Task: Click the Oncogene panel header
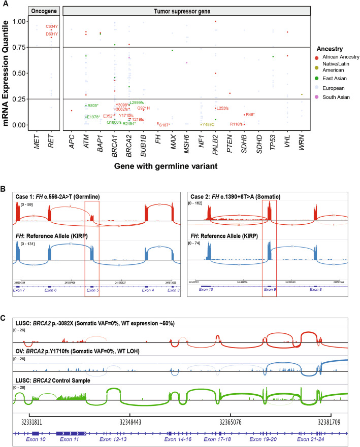[44, 11]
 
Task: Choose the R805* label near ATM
[92, 106]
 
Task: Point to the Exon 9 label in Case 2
[270, 289]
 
